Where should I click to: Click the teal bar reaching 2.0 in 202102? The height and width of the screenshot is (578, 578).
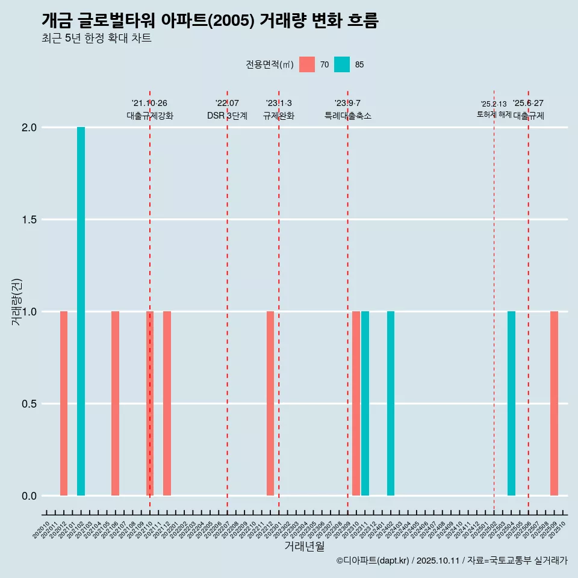point(81,311)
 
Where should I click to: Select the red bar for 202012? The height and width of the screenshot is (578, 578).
point(64,403)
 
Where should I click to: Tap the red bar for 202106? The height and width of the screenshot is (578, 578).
point(115,403)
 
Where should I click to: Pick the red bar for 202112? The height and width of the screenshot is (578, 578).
point(167,403)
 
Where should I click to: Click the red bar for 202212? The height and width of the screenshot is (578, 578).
point(270,403)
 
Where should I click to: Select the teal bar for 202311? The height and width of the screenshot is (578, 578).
point(365,403)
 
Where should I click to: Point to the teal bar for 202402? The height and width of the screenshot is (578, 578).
point(391,403)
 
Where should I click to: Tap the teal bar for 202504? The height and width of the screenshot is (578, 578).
point(511,403)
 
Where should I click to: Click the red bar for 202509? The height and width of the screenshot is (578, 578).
point(554,403)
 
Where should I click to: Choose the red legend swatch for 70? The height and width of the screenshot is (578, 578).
point(307,64)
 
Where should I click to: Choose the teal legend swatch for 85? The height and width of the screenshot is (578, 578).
point(342,64)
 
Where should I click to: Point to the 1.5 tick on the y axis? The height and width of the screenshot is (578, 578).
point(30,220)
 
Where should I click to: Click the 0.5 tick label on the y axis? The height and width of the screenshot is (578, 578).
point(30,404)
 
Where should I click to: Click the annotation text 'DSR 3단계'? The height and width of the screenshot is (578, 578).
point(227,116)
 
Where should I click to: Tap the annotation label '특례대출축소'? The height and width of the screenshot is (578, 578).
point(348,116)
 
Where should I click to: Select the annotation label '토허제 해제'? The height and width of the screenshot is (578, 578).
point(494,114)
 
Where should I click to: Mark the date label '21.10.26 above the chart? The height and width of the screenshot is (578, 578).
point(149,104)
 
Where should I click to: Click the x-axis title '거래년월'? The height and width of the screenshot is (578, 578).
point(304,546)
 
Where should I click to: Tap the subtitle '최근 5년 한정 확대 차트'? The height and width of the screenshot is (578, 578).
point(96,39)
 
